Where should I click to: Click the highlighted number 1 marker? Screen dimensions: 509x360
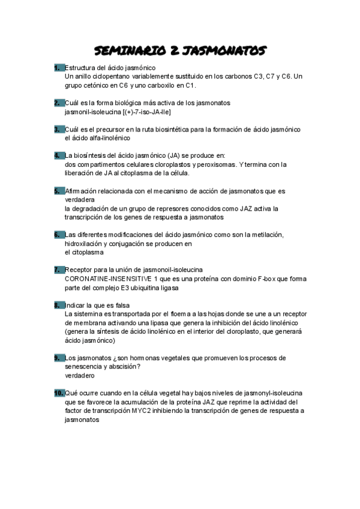(58, 67)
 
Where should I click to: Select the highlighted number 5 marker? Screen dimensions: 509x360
(58, 191)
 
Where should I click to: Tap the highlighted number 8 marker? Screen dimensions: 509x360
(58, 304)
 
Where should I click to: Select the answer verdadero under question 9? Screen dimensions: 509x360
(80, 375)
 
